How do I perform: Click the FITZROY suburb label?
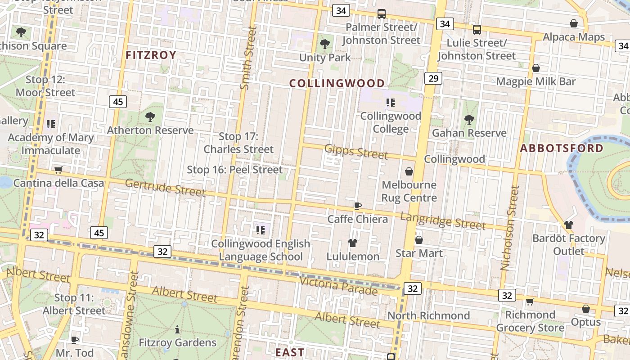151,55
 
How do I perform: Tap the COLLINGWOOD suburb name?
337,83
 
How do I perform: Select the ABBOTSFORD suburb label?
562,148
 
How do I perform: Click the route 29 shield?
433,79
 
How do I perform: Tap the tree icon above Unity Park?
324,44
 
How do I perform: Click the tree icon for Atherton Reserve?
150,117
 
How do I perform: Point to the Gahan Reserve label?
469,133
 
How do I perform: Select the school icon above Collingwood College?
390,103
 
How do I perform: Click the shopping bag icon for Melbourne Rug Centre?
409,171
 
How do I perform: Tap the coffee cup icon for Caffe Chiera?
357,206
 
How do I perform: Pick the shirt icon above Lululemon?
353,243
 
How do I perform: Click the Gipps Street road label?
356,151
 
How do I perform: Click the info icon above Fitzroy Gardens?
177,329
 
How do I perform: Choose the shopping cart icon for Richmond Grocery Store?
530,301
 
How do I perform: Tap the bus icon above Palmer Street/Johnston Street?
381,14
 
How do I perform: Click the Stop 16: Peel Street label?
234,170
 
